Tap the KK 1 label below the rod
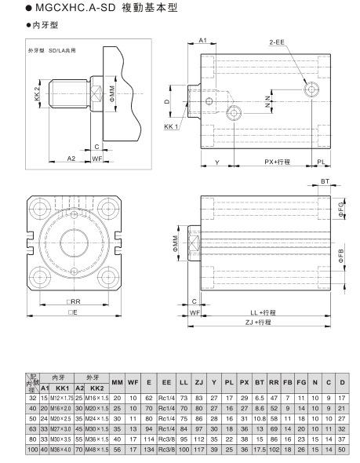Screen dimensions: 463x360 (172, 126)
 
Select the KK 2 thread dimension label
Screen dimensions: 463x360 (37, 93)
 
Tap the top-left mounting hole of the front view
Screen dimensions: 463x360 (41, 210)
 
